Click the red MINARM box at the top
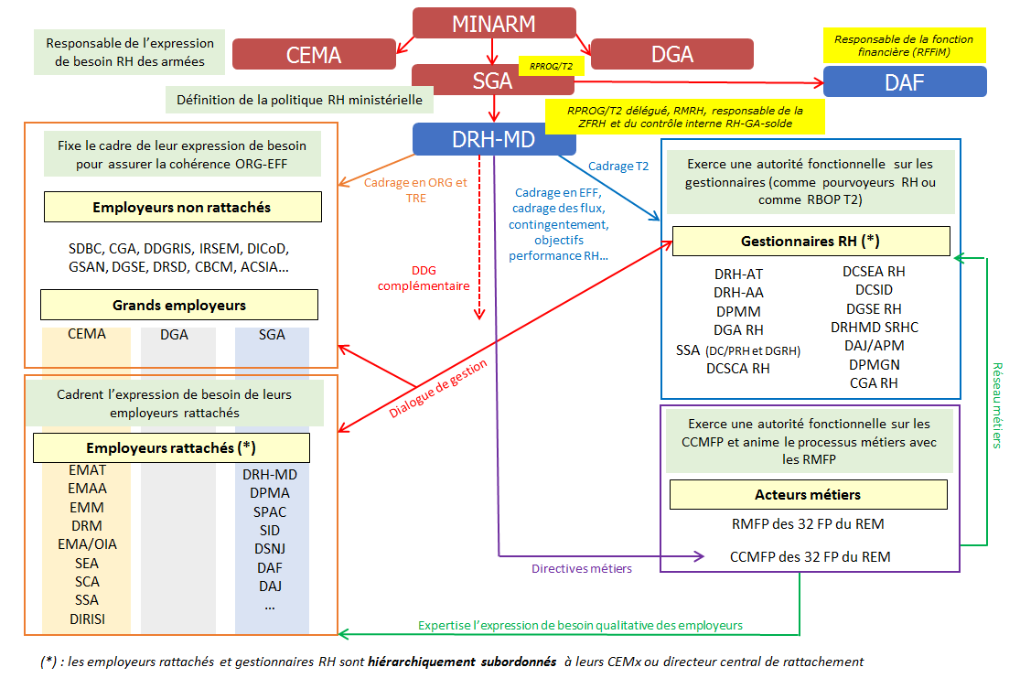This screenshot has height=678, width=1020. click(494, 24)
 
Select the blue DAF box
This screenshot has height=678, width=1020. click(904, 81)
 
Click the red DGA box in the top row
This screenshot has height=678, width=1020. click(671, 54)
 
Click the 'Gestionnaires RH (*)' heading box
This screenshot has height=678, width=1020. click(811, 242)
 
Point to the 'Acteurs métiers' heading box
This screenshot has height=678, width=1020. click(808, 495)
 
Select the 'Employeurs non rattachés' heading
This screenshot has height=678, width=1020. click(182, 208)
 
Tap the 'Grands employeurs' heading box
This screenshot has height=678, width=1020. click(179, 305)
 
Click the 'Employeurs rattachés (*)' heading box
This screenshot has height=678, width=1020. click(171, 448)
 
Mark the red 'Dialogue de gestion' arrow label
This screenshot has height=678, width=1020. click(438, 388)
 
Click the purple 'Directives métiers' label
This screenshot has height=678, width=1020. click(581, 568)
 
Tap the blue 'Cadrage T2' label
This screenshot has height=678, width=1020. click(617, 166)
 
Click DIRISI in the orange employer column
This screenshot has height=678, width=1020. click(87, 619)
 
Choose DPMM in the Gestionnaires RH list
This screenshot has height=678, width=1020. click(738, 311)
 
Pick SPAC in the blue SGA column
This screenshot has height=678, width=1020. click(270, 511)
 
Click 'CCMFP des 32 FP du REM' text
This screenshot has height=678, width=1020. click(810, 556)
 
